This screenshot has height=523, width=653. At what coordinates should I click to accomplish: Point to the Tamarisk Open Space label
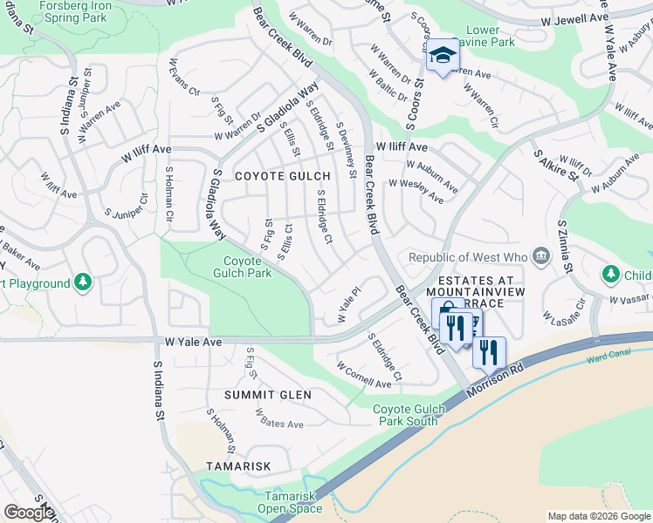pyautogui.click(x=293, y=502)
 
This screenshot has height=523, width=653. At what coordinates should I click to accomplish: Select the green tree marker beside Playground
pyautogui.click(x=82, y=282)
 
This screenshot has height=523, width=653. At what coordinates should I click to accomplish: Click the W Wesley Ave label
pyautogui.click(x=416, y=191)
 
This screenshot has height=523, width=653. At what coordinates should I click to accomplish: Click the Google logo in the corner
pyautogui.click(x=29, y=512)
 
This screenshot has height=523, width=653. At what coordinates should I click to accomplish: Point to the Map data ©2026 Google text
pyautogui.click(x=598, y=516)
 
